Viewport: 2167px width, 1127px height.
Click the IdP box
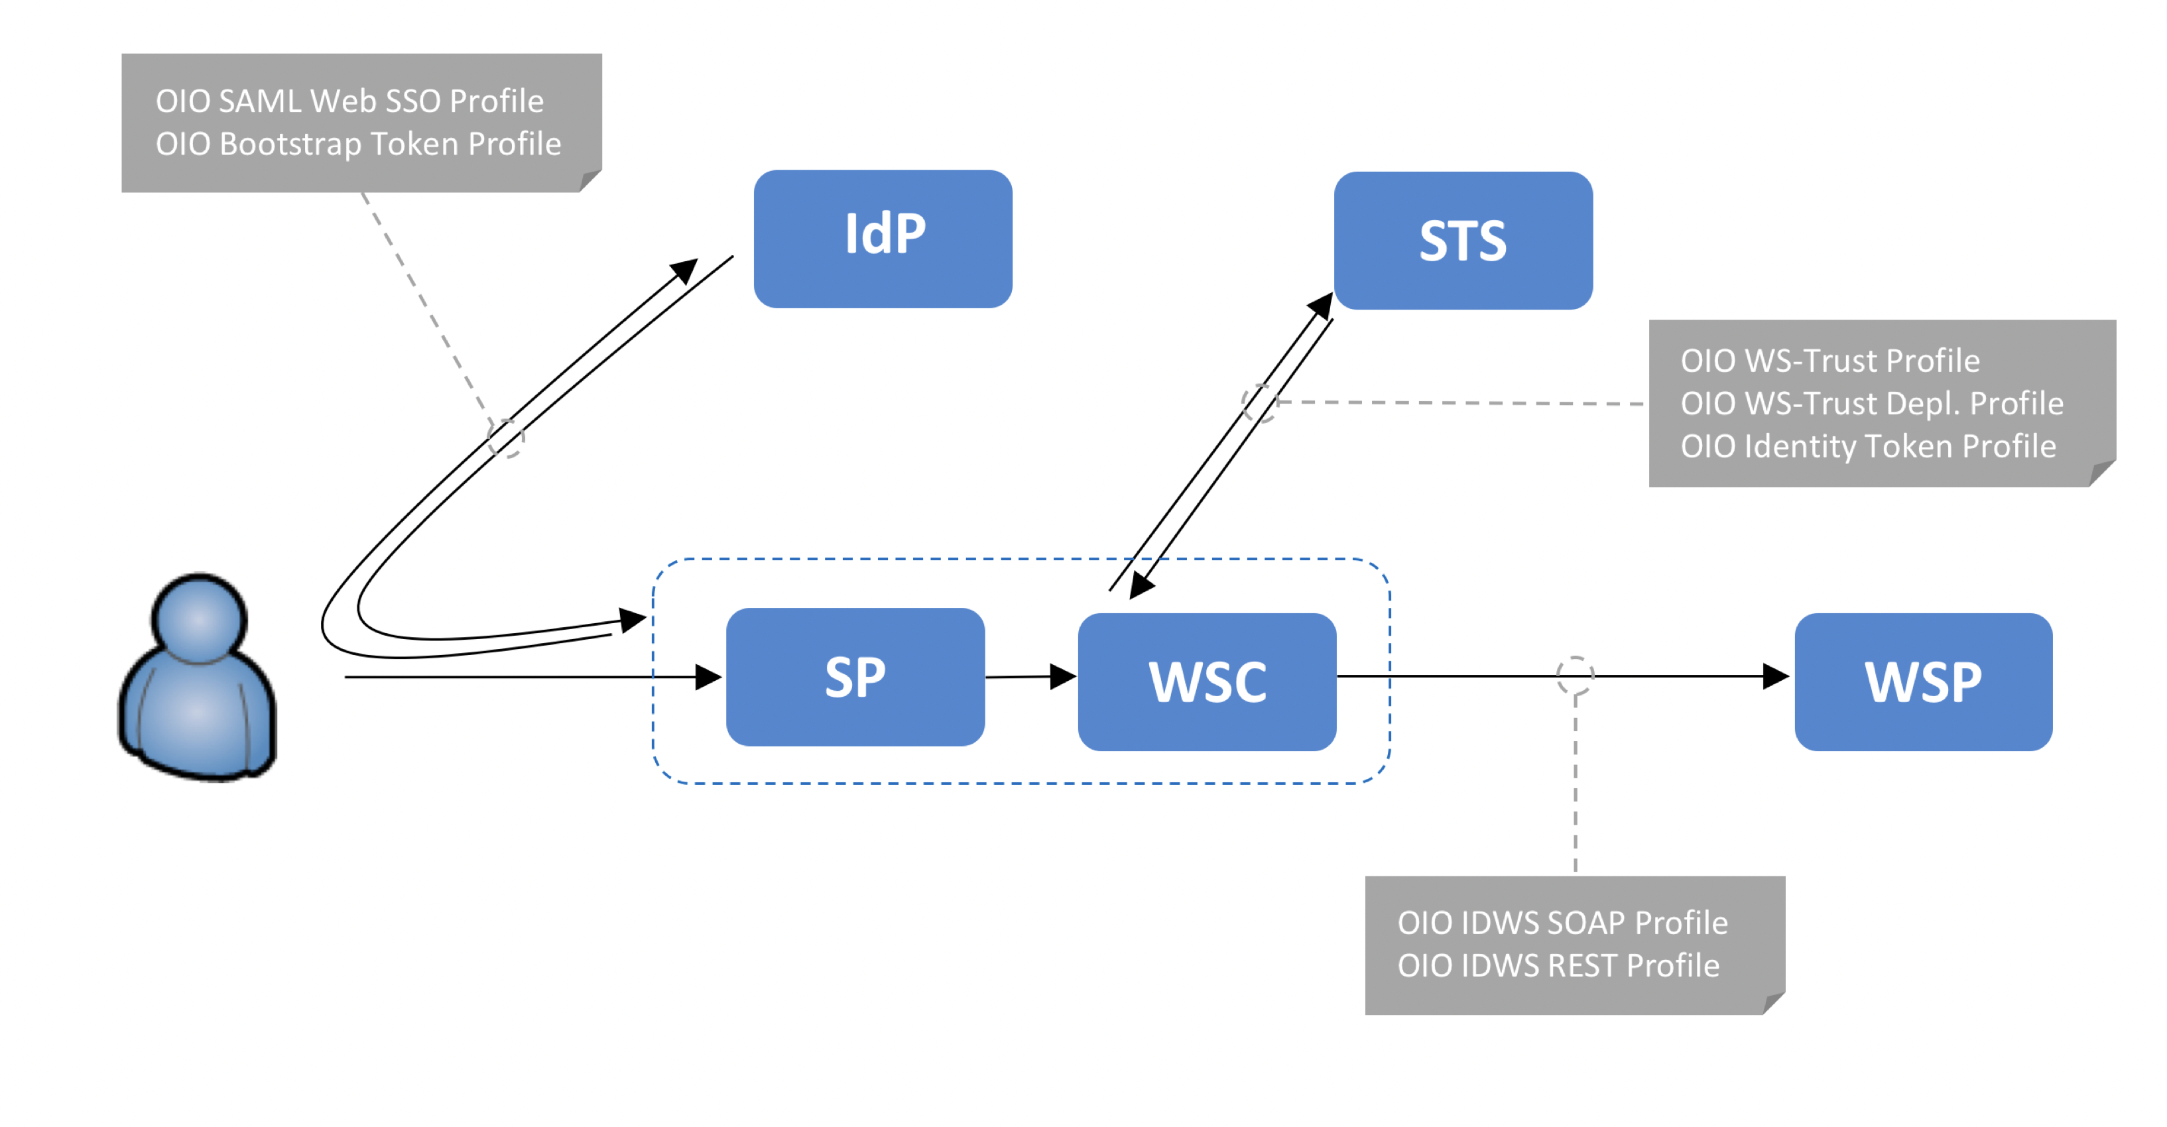click(x=883, y=239)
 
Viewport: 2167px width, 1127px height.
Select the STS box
click(x=1463, y=241)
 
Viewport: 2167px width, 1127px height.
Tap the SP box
click(x=855, y=677)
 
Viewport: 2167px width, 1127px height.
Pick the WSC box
click(x=1206, y=682)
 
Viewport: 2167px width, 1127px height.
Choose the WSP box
click(x=1923, y=682)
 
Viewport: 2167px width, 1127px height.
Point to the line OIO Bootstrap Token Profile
click(x=357, y=144)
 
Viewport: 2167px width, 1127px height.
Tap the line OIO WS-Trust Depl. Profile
click(x=1872, y=404)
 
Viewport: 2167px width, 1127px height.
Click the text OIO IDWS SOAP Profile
click(x=1562, y=923)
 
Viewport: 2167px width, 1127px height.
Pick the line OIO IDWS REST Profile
click(x=1558, y=965)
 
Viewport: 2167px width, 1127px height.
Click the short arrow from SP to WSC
click(x=1030, y=676)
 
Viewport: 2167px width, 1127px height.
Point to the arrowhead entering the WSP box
click(x=1775, y=676)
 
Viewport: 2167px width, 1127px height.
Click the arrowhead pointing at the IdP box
click(x=685, y=271)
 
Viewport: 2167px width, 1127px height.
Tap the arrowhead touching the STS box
click(x=1322, y=306)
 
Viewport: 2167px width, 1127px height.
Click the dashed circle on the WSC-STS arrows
click(x=1260, y=403)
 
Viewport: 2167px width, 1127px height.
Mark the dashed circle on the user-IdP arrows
click(x=505, y=438)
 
